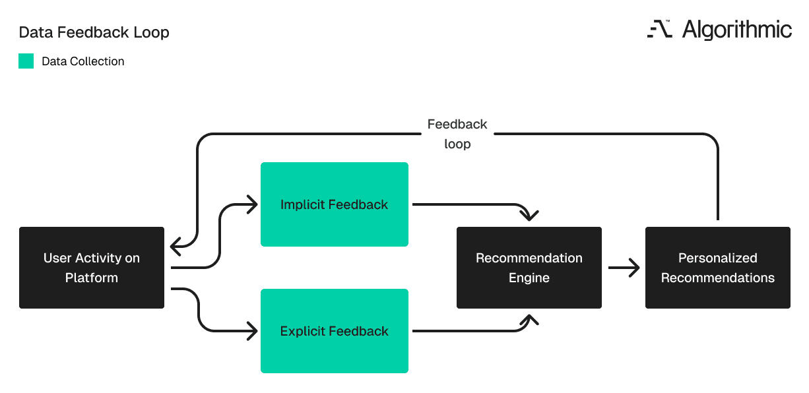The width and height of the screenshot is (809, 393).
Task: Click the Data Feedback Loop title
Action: click(x=94, y=32)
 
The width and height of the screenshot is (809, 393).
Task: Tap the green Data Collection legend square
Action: click(x=26, y=61)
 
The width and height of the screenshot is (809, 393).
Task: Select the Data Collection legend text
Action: click(x=82, y=61)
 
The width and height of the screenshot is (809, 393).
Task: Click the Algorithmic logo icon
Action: click(x=659, y=30)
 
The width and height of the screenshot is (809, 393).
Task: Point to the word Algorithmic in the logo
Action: click(x=736, y=30)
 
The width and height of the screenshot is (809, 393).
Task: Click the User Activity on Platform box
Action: click(x=92, y=268)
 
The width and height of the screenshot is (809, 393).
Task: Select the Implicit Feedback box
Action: click(x=335, y=204)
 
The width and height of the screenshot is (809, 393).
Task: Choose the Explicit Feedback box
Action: click(x=335, y=331)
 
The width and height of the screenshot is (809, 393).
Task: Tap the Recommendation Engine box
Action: click(x=529, y=268)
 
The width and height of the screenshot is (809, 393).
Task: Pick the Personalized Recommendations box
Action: click(x=718, y=268)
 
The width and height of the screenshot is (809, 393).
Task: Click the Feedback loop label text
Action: click(x=457, y=134)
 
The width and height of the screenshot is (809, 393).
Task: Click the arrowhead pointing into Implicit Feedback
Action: click(x=251, y=204)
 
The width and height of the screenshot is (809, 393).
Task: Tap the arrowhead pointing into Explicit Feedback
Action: click(x=251, y=331)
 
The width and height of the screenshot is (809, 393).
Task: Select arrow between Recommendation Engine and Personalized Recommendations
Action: click(x=624, y=268)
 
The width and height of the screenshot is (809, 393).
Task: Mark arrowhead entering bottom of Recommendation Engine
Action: click(x=529, y=320)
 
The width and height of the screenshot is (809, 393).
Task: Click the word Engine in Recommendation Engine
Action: click(x=529, y=278)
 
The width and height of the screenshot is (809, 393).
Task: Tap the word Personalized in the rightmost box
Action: click(x=718, y=258)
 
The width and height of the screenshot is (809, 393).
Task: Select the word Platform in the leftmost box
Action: click(x=92, y=278)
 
